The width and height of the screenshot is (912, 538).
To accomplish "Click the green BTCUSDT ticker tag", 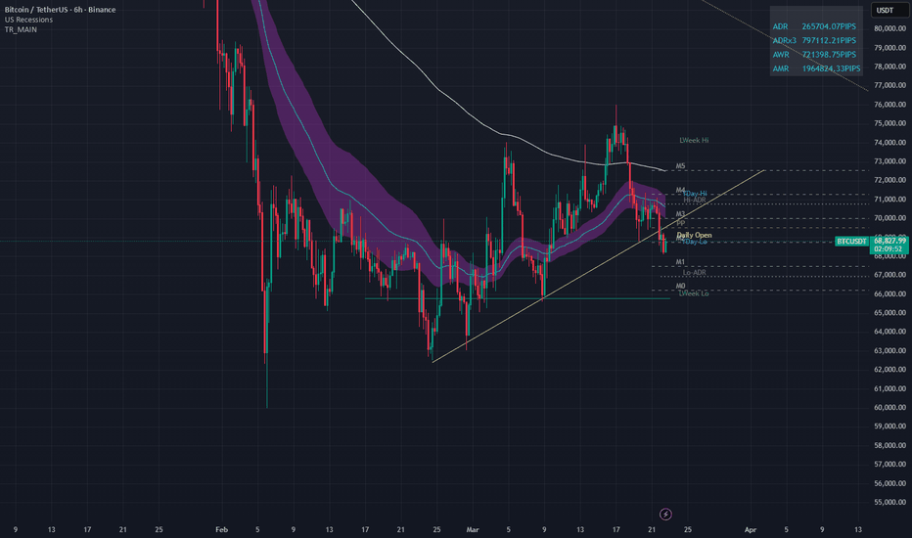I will point(850,241).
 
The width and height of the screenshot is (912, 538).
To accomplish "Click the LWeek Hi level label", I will point(693,141).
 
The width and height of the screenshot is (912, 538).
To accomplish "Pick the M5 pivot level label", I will point(680,166).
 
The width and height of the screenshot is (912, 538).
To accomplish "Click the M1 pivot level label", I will point(680,262).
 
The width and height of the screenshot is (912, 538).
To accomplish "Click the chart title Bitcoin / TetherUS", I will point(58,10).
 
